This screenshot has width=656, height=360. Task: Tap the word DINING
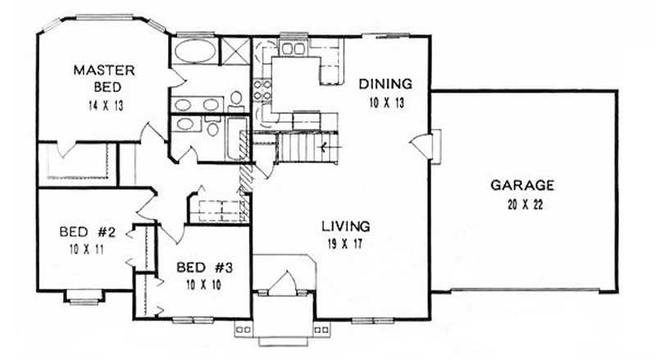(x=384, y=84)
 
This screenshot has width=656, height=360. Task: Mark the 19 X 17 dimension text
(x=345, y=243)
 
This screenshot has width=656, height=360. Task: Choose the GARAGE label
(x=522, y=185)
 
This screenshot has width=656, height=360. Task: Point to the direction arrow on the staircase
(x=326, y=148)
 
